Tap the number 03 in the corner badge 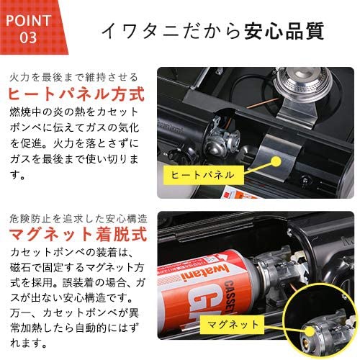click(x=27, y=35)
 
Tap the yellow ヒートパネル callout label click(x=204, y=174)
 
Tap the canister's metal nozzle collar click(x=285, y=277)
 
